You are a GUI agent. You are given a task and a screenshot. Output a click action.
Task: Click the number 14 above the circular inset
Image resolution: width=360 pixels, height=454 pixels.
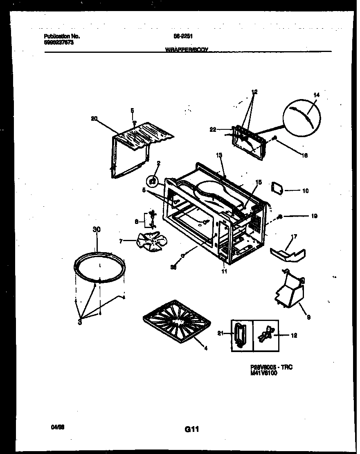pos(316,95)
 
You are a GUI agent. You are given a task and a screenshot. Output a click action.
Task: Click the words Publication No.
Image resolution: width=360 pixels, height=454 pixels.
pos(62,36)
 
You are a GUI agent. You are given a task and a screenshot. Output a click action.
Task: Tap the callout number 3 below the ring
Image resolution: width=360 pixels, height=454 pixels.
pos(81,323)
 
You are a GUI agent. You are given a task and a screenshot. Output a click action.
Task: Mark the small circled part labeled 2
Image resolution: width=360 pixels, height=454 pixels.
pos(153,180)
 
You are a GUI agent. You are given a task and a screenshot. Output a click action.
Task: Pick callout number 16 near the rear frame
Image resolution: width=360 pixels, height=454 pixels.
pos(305,156)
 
